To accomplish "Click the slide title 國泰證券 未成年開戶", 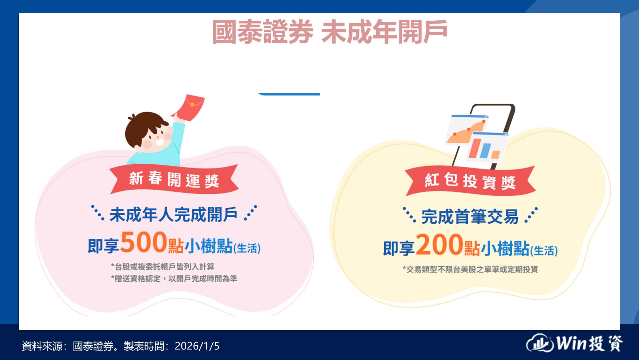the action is [x=330, y=32].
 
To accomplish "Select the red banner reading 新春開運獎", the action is [x=174, y=179].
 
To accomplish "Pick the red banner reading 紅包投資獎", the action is [x=470, y=181].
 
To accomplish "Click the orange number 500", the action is [x=144, y=242].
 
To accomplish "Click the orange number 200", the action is [x=439, y=245].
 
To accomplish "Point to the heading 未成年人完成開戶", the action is [x=174, y=214].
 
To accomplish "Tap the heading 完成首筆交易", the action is [x=470, y=217].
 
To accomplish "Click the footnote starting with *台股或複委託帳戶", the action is [x=163, y=266].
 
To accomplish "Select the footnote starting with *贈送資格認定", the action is [x=174, y=278].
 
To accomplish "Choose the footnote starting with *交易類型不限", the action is [x=470, y=269].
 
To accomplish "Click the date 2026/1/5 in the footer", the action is [x=197, y=346].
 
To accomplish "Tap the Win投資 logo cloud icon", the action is [x=540, y=343].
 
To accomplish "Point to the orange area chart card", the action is [x=466, y=130].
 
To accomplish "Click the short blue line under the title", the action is [x=289, y=94].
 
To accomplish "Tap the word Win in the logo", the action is [x=572, y=343].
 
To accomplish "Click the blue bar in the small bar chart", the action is [x=485, y=151].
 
